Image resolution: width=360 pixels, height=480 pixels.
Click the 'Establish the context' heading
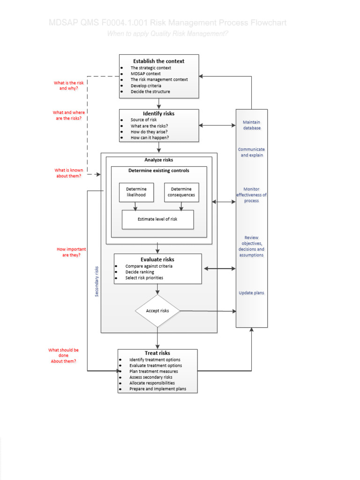[158, 61]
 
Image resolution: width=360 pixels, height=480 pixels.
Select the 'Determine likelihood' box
[136, 192]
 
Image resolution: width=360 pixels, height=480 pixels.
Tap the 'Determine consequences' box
[181, 192]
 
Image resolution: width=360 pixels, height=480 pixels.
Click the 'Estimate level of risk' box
[157, 219]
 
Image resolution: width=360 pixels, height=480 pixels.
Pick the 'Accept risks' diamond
[157, 311]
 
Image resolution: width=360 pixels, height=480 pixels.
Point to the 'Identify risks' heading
[158, 114]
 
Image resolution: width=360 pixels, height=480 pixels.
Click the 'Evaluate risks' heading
[157, 259]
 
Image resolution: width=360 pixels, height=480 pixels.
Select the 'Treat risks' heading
[157, 353]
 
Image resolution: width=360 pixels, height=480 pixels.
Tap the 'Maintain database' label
[252, 125]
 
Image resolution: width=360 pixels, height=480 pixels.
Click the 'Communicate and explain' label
[252, 152]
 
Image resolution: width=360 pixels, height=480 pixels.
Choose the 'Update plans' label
[252, 293]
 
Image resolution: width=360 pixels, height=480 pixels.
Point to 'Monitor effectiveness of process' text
[252, 195]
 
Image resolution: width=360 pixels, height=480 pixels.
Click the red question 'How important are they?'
[71, 252]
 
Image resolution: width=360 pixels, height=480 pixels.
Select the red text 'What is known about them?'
[68, 173]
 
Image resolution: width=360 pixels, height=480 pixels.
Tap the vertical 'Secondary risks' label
[97, 281]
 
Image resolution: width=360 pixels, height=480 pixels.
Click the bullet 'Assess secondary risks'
[151, 377]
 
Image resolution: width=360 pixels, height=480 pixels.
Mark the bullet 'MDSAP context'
[145, 74]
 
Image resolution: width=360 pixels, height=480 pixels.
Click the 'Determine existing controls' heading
[159, 171]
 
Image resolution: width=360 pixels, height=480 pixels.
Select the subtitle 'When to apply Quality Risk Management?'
[168, 33]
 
